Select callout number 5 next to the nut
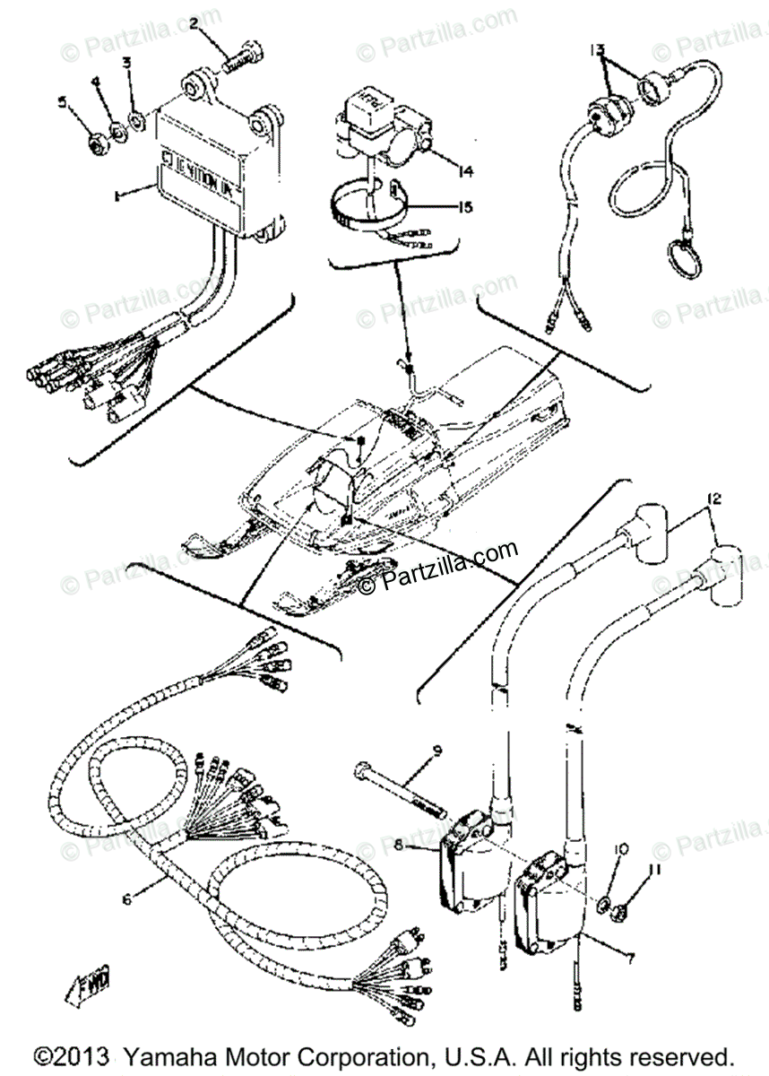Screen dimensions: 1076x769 (63, 103)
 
